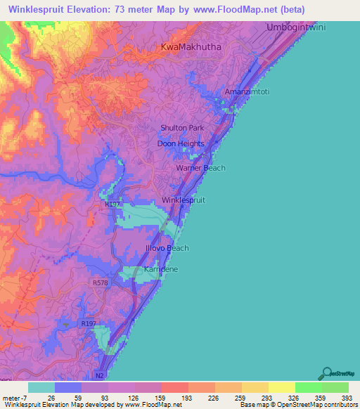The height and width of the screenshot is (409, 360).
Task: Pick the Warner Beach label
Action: pos(200,168)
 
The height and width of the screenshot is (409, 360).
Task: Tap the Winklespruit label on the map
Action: pos(184,200)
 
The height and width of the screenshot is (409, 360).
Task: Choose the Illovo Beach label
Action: pos(168,248)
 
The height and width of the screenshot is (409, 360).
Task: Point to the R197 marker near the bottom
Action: pos(88,323)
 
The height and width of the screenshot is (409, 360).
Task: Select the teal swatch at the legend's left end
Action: pos(41,387)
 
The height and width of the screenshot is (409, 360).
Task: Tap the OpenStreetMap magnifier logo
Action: pos(326,372)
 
